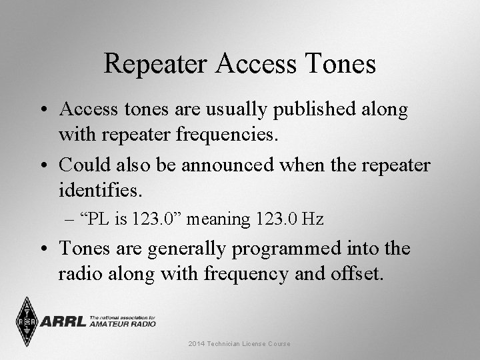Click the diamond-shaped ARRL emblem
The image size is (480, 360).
(x=27, y=322)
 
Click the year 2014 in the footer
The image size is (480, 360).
(x=197, y=344)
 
